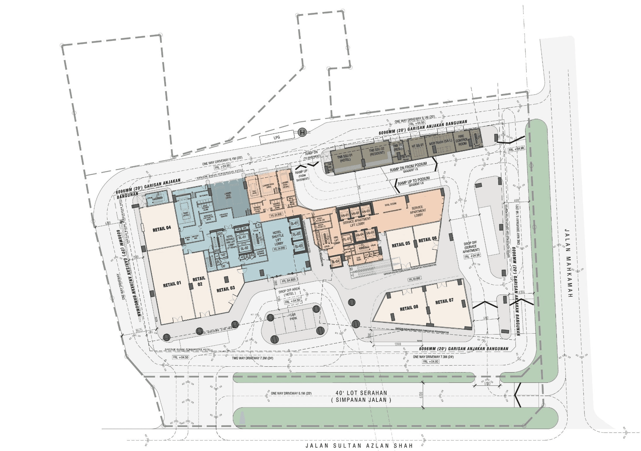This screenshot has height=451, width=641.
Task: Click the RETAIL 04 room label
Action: coord(162,229)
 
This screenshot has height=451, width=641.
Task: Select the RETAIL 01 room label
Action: coord(172,284)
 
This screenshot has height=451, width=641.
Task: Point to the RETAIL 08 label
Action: coord(409,308)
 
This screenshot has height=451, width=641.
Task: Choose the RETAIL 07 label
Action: coord(444,301)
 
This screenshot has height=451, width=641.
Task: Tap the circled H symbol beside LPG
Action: coord(302,133)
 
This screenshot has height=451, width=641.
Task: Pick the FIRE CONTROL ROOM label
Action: coord(462,140)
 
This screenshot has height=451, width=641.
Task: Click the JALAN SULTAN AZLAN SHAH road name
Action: coord(359,445)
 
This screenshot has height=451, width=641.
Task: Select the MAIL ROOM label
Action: coord(390,204)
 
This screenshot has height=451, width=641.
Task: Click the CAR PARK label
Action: coord(293,317)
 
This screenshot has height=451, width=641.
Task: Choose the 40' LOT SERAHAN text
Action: coord(361,393)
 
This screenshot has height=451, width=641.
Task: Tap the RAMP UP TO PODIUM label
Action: coord(414,181)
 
